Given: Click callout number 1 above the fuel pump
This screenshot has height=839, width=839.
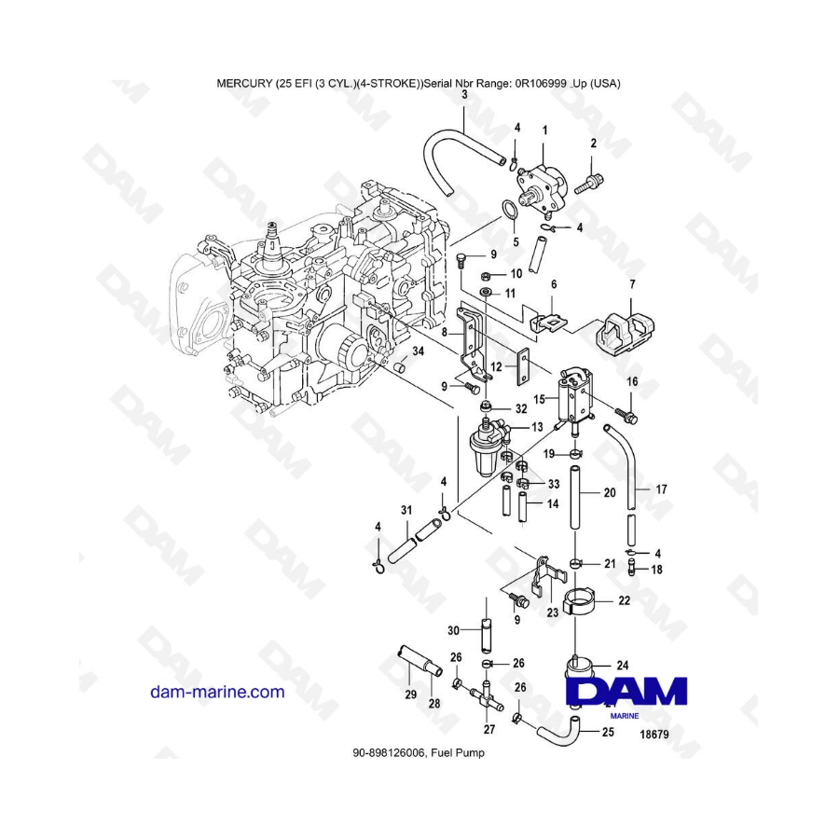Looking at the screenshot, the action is pos(544,130).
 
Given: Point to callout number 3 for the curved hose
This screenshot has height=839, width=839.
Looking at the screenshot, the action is pos(464,95).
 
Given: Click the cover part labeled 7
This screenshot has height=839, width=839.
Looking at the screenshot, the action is pos(626,332).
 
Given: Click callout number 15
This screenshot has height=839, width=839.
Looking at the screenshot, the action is pos(539,399).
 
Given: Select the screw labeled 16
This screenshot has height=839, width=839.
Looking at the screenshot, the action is pos(626,415).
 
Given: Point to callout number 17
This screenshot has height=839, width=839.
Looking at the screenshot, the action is pos(661,489).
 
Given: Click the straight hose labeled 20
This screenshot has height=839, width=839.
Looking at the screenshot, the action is pos(574,498).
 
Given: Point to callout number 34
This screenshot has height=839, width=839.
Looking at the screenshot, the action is pos(418,351).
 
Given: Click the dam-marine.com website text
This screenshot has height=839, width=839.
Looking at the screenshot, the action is pos(217,692).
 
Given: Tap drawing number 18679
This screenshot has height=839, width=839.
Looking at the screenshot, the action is pos(654,735).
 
